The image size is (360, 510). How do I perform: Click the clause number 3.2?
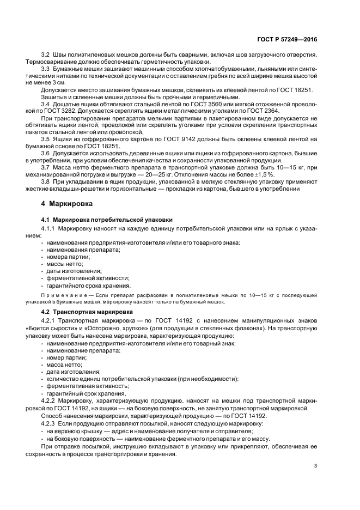(x=46, y=56)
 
